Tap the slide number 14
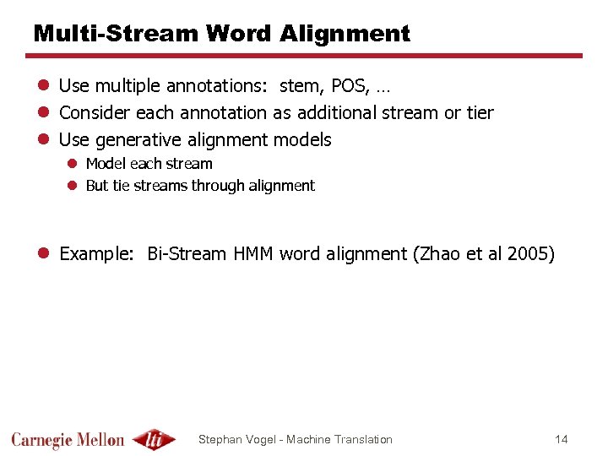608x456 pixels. pos(562,439)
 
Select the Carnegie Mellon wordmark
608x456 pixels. pos(68,440)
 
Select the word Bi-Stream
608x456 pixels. pos(187,254)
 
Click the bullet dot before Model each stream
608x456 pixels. pos(73,164)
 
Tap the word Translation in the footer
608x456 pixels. pos(363,439)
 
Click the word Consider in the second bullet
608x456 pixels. pos(90,112)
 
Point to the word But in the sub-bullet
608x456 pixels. pos(97,186)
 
